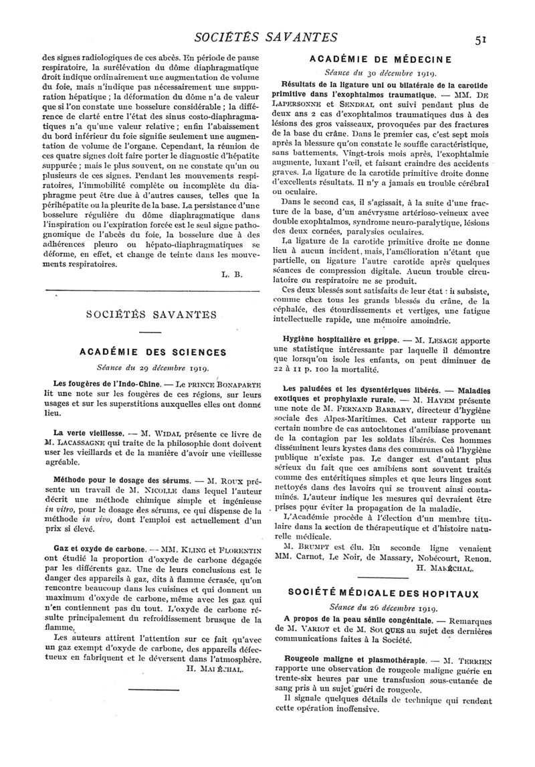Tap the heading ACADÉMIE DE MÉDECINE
tap(380, 60)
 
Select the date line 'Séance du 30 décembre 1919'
tap(380, 74)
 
